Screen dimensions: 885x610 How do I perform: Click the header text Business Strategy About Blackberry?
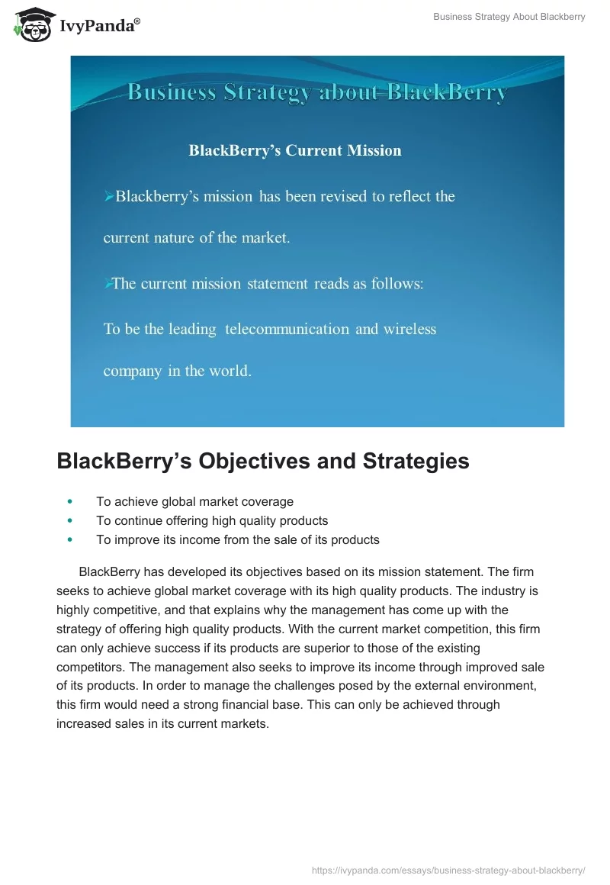point(509,17)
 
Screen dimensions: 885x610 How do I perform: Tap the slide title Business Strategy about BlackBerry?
point(316,93)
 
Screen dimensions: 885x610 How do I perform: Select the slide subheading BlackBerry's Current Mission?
point(295,150)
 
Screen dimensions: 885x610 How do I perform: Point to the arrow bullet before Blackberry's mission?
point(108,197)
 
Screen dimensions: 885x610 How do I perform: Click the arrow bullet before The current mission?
point(108,284)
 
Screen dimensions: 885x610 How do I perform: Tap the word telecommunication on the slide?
point(287,329)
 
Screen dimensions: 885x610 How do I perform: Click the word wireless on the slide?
point(409,329)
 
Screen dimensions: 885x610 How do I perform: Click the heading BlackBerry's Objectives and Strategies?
point(263,461)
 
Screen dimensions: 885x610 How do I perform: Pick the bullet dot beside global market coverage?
point(70,502)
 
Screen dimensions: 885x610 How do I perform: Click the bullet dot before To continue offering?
point(70,520)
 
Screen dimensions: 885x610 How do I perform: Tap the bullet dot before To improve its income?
point(70,539)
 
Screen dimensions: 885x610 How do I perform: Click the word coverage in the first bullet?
point(267,501)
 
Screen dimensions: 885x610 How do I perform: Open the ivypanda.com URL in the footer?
point(448,870)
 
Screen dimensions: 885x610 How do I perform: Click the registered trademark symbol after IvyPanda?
point(137,22)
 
